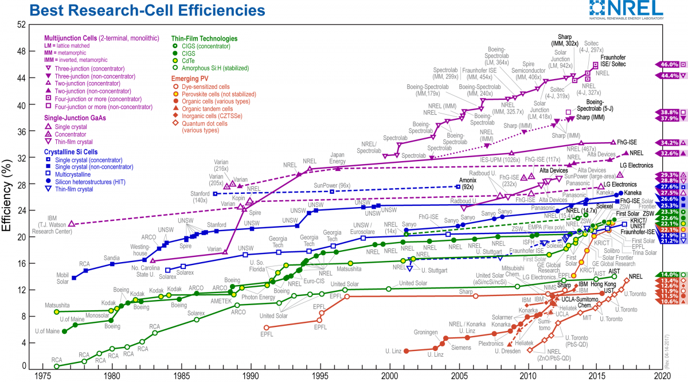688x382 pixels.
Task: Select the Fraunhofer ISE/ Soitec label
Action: point(615,61)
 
